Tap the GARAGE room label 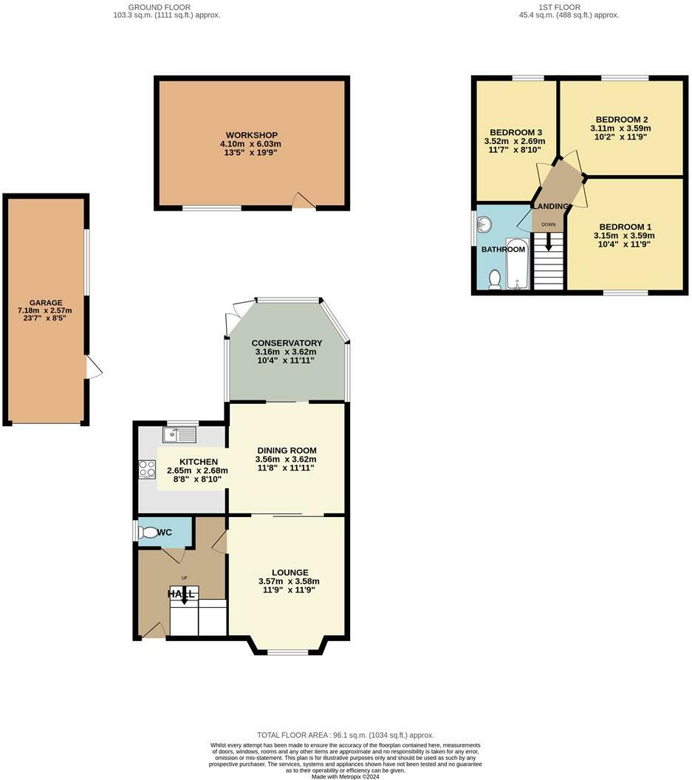pos(46,303)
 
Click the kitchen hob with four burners pos(146,469)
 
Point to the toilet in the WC pos(151,533)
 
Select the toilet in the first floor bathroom pos(495,278)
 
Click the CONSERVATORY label pos(287,343)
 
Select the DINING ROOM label pos(287,450)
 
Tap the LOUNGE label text pos(290,572)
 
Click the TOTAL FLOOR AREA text pos(345,735)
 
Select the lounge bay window pos(288,651)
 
